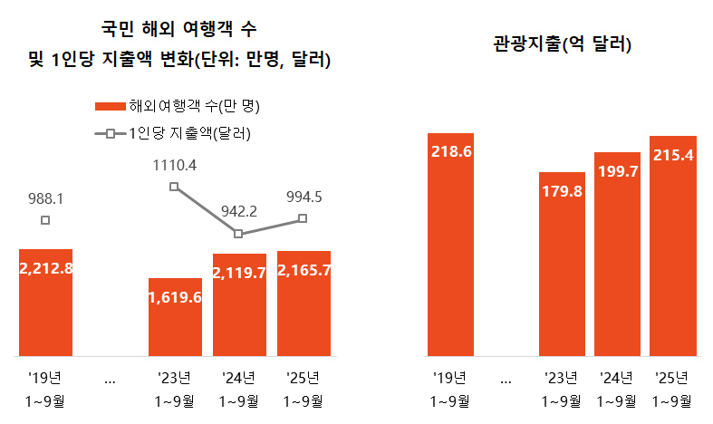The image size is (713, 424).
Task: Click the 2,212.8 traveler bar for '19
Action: (x=45, y=303)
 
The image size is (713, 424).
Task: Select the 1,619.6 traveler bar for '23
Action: (x=175, y=317)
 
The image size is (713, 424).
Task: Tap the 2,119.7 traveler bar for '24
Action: (x=239, y=304)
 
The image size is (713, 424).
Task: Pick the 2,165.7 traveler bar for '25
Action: (x=304, y=304)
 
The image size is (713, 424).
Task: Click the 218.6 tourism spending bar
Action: (x=451, y=245)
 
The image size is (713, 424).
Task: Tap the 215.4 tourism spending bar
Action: (x=673, y=246)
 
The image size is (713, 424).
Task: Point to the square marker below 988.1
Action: (x=45, y=220)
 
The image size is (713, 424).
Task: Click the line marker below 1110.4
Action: (x=175, y=188)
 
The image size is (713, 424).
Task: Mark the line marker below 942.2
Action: (x=238, y=234)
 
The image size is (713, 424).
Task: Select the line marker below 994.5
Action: (x=304, y=218)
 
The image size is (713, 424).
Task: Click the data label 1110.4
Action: (x=175, y=165)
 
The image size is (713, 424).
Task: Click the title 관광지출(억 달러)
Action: (x=563, y=43)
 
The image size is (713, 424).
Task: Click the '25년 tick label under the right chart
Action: (x=673, y=378)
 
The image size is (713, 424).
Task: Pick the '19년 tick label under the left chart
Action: (x=45, y=378)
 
